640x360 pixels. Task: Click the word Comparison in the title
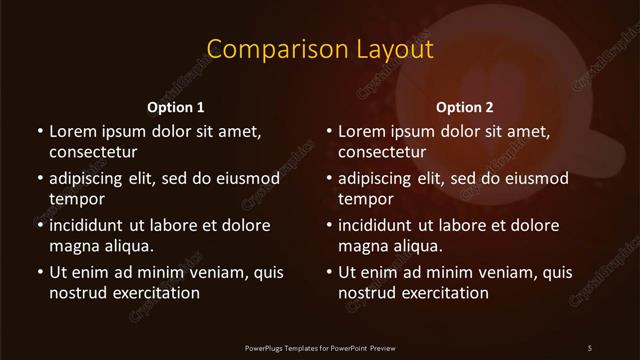[261, 50]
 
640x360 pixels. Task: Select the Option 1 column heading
[176, 107]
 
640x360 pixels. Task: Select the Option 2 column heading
[465, 107]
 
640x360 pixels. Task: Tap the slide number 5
[590, 347]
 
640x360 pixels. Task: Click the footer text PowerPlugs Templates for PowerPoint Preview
[320, 347]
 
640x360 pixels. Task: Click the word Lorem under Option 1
[71, 131]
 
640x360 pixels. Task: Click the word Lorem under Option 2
[361, 131]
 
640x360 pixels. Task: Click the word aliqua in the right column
[417, 246]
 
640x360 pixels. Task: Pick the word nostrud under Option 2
[369, 293]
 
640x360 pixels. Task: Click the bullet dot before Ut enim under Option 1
[39, 272]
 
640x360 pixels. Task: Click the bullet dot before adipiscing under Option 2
[329, 178]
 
